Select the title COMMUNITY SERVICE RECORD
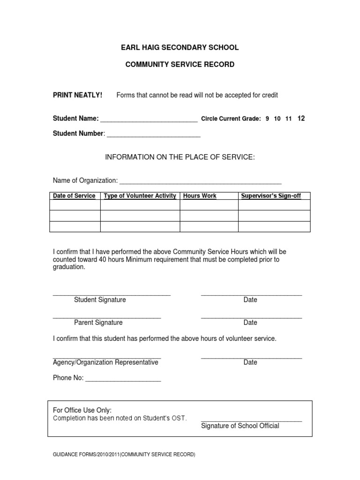point(180,64)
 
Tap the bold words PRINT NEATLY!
point(77,95)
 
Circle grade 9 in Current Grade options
point(267,119)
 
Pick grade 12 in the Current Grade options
point(301,119)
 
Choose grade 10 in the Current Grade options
point(277,119)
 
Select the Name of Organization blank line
point(201,181)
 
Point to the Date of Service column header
point(75,196)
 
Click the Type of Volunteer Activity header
point(140,196)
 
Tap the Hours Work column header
point(200,196)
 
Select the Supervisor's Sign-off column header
point(271,196)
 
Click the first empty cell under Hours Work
point(209,205)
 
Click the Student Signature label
point(100,300)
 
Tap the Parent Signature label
point(98,322)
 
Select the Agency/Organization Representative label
point(105,363)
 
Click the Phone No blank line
point(123,379)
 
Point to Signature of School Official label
point(240,426)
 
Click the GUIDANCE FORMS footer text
point(124,455)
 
